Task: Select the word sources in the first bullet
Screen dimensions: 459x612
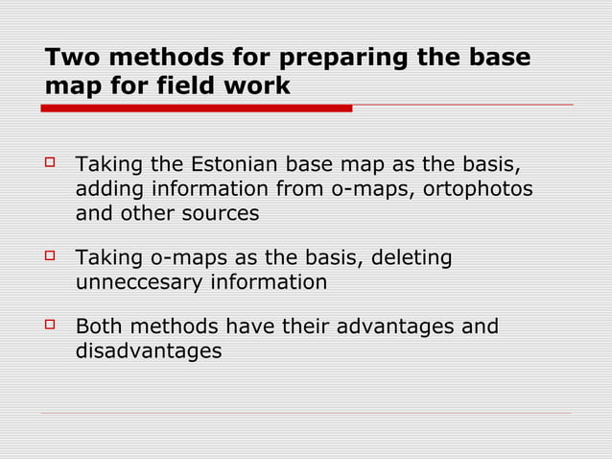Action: pos(221,213)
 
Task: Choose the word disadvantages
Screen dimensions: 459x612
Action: pos(148,352)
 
